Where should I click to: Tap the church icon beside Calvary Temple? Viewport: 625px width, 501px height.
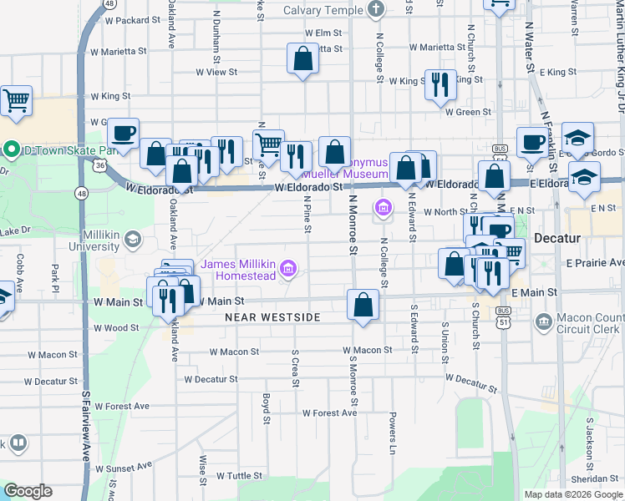[376, 10]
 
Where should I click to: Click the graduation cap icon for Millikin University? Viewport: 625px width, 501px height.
[132, 241]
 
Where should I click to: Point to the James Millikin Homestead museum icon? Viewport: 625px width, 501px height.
[288, 268]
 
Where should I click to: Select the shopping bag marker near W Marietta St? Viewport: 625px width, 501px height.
[302, 58]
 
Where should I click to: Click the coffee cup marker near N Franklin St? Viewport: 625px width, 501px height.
[532, 141]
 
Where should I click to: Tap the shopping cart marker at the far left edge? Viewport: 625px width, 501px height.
[16, 101]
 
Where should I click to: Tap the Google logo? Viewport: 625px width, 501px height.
[28, 491]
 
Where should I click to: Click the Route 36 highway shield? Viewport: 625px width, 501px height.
[100, 166]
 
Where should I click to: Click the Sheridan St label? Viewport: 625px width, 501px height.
[595, 478]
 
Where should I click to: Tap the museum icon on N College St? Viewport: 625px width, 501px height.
[384, 206]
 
